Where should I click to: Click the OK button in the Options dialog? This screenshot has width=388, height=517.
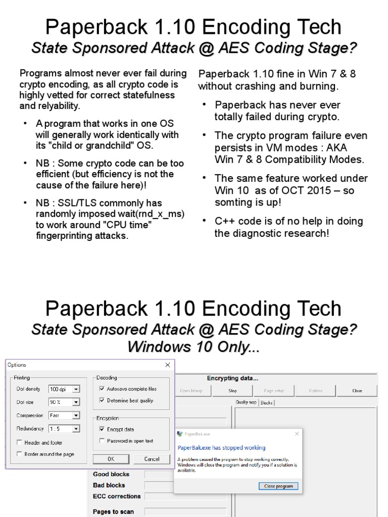111,459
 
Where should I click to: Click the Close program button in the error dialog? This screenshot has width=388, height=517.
278,486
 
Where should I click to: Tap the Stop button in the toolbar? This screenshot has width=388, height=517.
232,391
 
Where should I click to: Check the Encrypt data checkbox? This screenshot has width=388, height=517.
102,429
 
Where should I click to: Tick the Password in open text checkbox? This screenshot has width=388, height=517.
102,441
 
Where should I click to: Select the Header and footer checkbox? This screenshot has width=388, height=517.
19,443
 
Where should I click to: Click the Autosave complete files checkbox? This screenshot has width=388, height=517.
102,389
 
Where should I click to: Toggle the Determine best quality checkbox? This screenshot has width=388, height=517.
102,400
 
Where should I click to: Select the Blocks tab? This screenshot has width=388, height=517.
266,402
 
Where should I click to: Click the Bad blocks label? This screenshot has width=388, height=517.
109,485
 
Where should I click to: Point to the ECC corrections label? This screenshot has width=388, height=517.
117,496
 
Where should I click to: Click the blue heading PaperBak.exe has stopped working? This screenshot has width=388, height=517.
221,448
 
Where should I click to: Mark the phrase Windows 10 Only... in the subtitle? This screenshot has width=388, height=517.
193,347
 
